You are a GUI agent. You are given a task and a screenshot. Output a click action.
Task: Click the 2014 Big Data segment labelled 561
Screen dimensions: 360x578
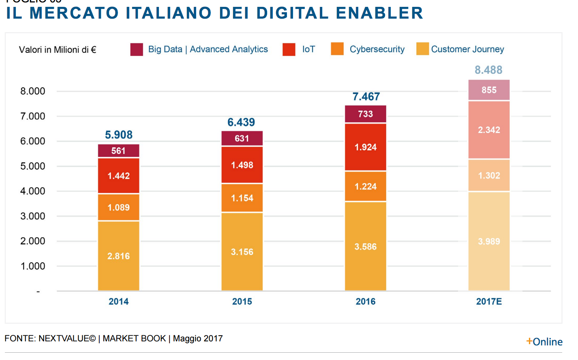118,151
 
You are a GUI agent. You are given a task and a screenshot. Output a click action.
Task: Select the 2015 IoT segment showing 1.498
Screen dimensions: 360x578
242,165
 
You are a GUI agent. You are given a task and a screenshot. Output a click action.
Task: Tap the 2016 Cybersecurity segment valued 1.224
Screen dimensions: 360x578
365,186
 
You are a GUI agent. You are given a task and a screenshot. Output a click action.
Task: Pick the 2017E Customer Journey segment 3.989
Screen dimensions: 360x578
489,241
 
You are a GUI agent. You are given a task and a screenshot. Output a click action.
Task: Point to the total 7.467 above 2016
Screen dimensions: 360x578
366,96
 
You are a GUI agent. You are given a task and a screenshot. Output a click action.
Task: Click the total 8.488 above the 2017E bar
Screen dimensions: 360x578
488,70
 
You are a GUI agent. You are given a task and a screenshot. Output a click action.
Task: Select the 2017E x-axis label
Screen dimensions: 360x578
489,302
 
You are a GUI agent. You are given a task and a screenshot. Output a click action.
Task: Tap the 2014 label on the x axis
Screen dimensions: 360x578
118,302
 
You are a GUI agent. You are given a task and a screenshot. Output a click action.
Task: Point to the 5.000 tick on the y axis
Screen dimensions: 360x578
33,166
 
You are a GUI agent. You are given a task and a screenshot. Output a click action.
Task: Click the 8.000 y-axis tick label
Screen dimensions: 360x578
33,91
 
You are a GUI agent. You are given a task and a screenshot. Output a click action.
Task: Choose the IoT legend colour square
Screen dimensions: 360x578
289,49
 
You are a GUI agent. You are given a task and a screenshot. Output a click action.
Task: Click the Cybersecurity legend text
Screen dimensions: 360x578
377,49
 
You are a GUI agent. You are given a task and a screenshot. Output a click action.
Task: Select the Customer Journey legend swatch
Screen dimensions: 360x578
422,49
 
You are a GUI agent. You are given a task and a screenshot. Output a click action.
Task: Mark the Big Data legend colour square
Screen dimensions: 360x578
137,49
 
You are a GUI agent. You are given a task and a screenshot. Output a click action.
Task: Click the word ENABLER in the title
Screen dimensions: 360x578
379,13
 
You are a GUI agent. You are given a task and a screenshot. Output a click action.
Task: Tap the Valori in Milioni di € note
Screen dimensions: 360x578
58,50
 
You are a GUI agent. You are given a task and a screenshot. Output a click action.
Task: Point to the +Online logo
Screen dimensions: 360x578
544,342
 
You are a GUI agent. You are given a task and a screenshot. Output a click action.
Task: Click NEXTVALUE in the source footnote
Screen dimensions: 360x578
67,339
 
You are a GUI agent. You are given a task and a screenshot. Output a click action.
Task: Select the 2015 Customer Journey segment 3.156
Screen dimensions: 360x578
242,252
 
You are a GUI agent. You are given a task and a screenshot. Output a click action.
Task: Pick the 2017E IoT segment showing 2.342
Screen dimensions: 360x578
489,130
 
